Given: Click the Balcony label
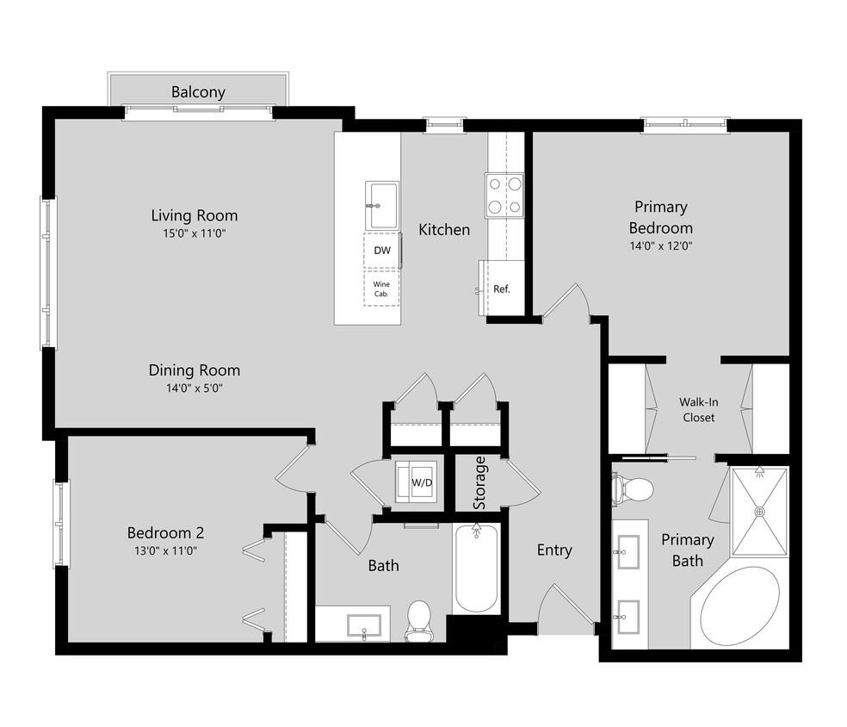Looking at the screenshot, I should point(198,92).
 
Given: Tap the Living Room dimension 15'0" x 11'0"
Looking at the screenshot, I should point(195,233).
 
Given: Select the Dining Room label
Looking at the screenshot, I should point(195,370).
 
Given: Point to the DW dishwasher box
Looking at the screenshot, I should point(381,251).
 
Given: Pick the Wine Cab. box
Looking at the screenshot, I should point(381,289).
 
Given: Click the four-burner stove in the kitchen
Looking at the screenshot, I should point(504,195).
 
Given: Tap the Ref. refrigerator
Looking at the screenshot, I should point(501,289).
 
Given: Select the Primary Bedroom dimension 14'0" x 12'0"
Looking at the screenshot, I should point(660,245).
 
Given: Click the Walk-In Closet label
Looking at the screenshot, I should point(698,409).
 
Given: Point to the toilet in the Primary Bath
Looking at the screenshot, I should point(634,489).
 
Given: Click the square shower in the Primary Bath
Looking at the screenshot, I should point(759,512).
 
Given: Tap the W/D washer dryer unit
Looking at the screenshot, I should point(418,483).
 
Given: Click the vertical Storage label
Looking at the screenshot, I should point(479,482).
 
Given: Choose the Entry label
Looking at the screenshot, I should point(554,550).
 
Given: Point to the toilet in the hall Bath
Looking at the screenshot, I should point(418,620).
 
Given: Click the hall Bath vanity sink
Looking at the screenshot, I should point(364,624).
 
